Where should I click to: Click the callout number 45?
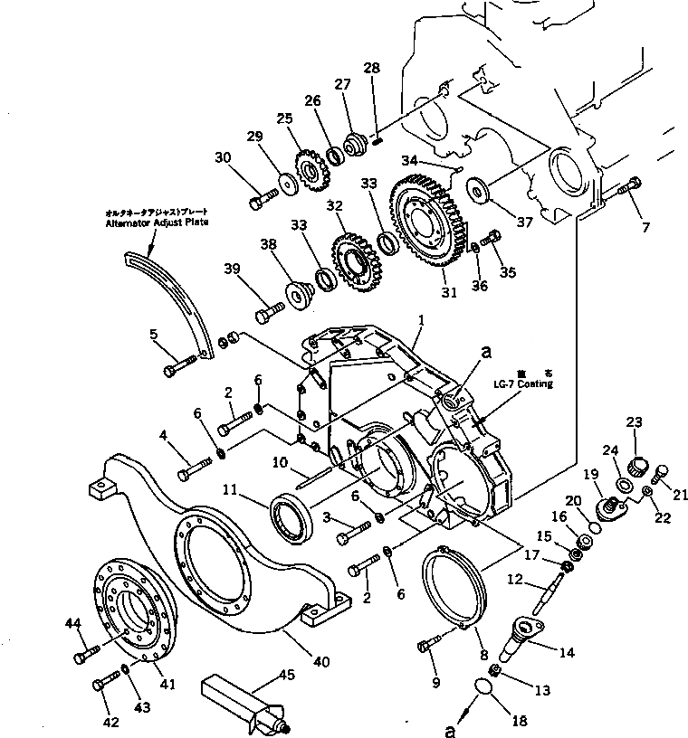[x=287, y=674]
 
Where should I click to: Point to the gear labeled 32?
[x=354, y=261]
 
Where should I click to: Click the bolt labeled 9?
[x=426, y=646]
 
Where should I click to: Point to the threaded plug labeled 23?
[x=635, y=467]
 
